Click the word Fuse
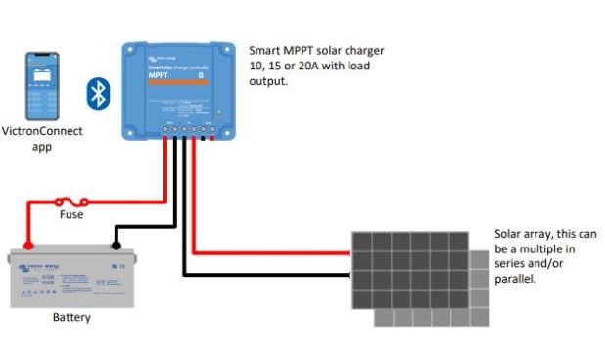click(71, 214)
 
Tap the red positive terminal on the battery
click(28, 246)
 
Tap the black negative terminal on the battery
click(116, 246)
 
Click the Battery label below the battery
click(72, 317)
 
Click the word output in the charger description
click(269, 82)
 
